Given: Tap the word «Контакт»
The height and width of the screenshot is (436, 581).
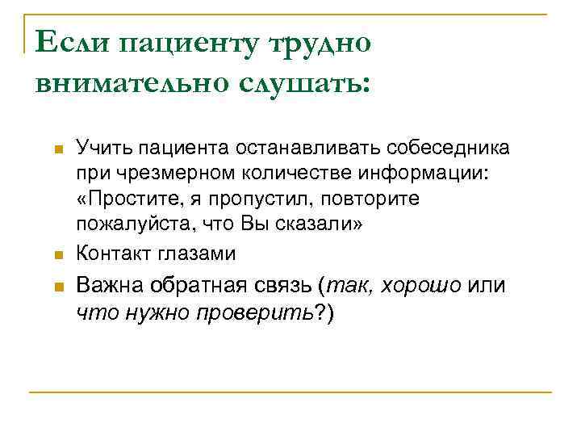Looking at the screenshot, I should coord(108,253).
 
